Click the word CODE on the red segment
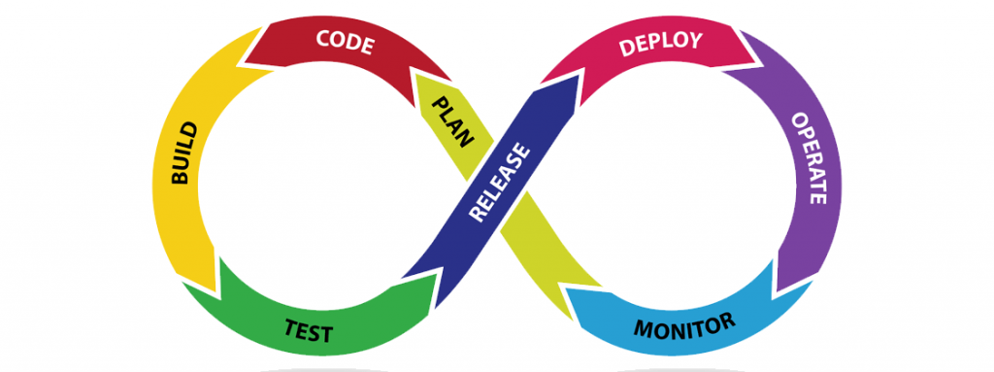(346, 41)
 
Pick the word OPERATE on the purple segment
(809, 158)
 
